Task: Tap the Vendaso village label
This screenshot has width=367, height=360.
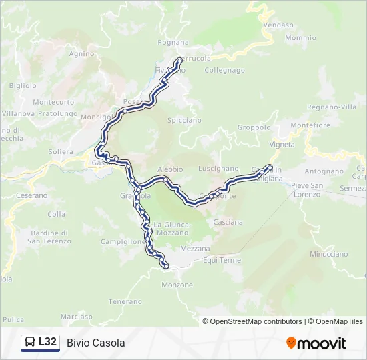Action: tap(278, 25)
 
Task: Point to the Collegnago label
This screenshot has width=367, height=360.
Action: tap(225, 70)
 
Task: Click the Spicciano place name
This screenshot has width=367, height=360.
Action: tap(185, 121)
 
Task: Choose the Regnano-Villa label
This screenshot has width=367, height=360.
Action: tap(332, 107)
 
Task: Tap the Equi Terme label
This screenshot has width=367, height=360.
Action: tap(222, 260)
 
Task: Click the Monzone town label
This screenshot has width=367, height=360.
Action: tap(177, 285)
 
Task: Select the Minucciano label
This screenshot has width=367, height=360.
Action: tap(328, 254)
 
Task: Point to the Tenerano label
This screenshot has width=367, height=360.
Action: tap(127, 301)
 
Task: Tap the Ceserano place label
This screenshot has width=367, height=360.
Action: tap(31, 195)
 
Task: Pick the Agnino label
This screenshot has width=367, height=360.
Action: tap(81, 53)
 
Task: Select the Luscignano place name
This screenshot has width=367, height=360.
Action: tap(218, 169)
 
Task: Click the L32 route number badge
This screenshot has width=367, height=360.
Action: tap(47, 342)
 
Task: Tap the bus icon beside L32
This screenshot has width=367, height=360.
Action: tap(30, 343)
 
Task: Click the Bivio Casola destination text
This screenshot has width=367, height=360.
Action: tap(96, 343)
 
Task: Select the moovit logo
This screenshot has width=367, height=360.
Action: tap(316, 343)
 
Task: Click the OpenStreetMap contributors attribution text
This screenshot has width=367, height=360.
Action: tap(256, 321)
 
